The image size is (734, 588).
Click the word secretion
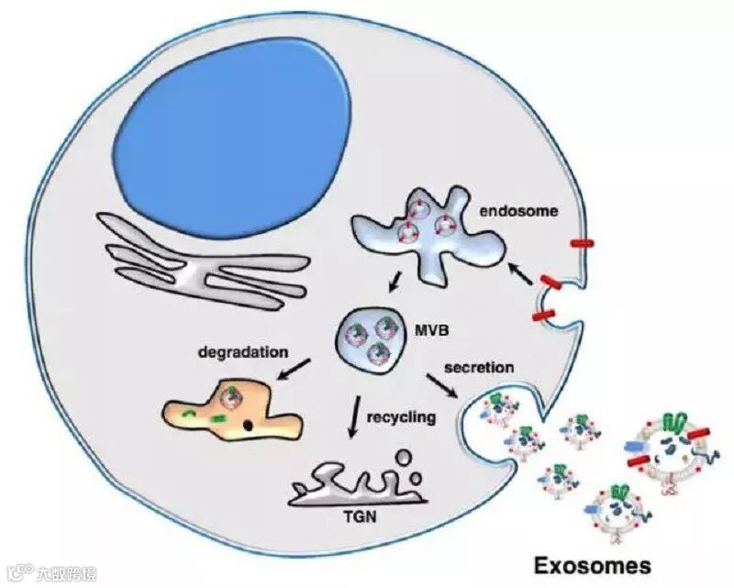click(479, 368)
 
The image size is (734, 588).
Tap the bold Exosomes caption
click(594, 562)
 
